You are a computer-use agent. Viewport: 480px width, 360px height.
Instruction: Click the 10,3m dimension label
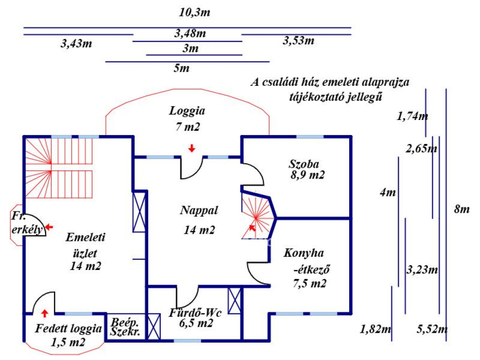195,13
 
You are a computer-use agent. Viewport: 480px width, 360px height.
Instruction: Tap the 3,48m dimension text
190,33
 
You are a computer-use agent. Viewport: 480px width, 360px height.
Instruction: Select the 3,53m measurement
299,41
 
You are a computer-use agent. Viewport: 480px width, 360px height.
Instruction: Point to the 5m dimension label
181,68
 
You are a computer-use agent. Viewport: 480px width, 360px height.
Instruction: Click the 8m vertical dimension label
462,210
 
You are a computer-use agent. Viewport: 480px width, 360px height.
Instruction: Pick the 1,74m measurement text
412,116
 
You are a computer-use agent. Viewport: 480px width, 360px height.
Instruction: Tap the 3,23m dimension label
422,270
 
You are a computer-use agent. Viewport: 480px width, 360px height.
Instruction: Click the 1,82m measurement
375,330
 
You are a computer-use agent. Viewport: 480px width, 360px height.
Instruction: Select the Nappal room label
199,210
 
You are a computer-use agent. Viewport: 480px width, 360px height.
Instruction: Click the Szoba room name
304,165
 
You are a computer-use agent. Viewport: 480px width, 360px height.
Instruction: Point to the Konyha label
304,253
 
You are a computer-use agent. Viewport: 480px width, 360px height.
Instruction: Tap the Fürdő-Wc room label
195,313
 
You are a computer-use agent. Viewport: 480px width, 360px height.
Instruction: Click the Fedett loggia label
68,329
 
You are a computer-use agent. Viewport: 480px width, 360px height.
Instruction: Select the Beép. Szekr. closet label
125,327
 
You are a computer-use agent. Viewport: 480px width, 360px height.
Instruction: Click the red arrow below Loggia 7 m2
192,148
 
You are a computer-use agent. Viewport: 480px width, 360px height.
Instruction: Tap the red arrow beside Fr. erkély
49,227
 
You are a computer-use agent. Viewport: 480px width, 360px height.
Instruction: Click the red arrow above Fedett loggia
45,313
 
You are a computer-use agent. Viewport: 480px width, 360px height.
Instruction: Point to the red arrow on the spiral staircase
252,227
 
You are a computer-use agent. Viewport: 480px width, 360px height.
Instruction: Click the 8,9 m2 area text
307,175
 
